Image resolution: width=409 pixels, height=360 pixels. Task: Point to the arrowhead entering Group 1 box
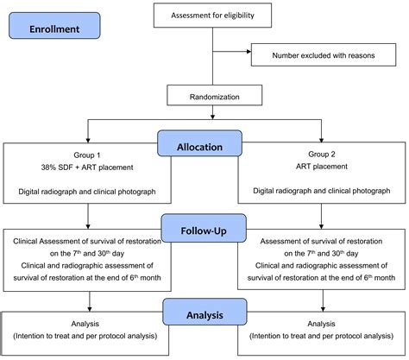click(x=86, y=137)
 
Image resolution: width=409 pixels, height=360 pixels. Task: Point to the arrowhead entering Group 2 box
click(x=321, y=137)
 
